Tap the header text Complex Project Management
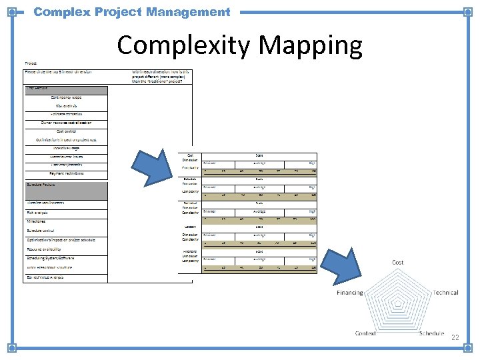(x=131, y=12)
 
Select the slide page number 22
(x=455, y=337)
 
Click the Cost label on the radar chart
(x=397, y=263)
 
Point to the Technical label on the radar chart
(x=445, y=293)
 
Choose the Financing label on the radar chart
(x=350, y=293)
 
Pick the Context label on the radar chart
(x=365, y=333)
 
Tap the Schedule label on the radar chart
(x=431, y=333)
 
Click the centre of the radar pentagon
(x=398, y=304)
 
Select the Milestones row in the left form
(x=37, y=221)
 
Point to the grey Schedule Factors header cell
(x=65, y=191)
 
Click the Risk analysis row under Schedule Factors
(x=40, y=213)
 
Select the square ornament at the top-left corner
(x=11, y=12)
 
